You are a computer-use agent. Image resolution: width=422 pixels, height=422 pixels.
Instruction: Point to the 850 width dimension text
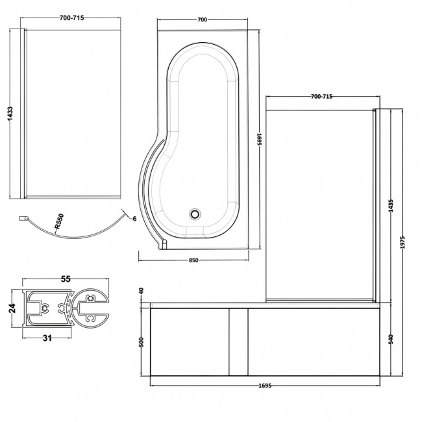click(x=193, y=260)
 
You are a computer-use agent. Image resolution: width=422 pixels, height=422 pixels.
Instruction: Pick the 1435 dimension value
click(x=390, y=206)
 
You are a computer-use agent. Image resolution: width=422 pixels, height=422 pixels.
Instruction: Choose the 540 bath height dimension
click(x=390, y=338)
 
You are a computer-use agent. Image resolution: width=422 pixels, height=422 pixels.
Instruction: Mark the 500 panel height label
click(x=142, y=342)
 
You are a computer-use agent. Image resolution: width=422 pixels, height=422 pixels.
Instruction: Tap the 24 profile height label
click(x=12, y=308)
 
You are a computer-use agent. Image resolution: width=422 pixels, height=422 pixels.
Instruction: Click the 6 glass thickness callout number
click(x=134, y=219)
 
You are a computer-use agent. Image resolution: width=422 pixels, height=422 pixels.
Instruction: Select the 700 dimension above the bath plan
click(x=202, y=20)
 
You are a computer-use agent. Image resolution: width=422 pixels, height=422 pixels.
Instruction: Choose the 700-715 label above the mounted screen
click(x=321, y=97)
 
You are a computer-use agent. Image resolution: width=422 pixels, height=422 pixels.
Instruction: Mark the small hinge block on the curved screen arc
click(x=22, y=218)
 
